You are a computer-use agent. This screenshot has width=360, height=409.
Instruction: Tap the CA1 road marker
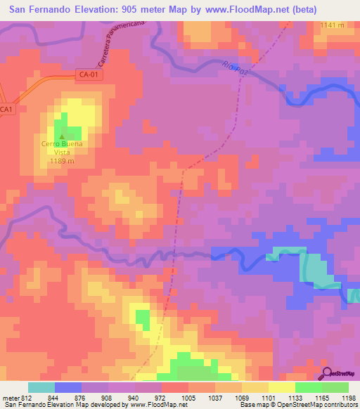click(x=6, y=110)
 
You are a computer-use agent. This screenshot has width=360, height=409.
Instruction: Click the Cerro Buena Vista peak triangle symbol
click(x=62, y=137)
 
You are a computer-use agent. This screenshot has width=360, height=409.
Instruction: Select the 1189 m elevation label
click(x=62, y=161)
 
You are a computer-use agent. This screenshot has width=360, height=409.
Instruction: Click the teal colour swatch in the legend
click(x=41, y=387)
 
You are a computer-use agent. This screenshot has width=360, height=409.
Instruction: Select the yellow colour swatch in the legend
click(x=281, y=387)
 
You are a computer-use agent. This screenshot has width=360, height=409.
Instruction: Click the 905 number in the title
click(x=134, y=9)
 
